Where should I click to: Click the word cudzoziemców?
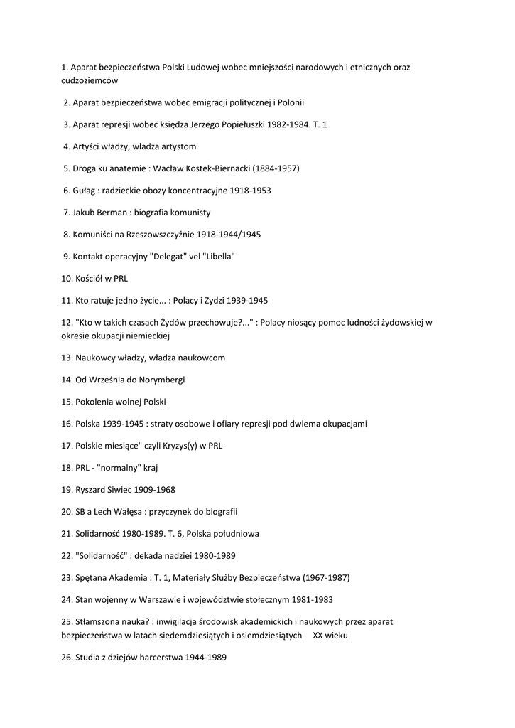(x=90, y=81)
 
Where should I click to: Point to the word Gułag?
(x=83, y=191)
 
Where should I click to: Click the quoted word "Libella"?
(x=219, y=256)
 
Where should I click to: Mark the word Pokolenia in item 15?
(x=94, y=402)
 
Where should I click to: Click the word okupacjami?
(x=344, y=424)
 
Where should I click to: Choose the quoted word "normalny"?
(x=121, y=468)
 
